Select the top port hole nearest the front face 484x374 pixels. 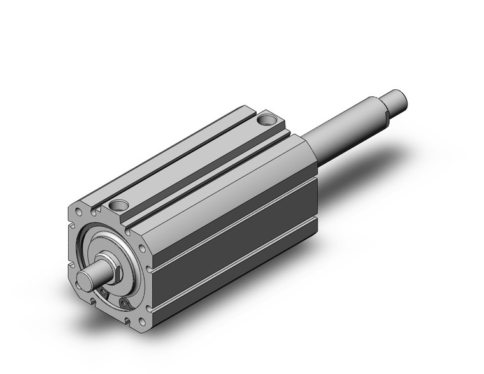coord(118,205)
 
